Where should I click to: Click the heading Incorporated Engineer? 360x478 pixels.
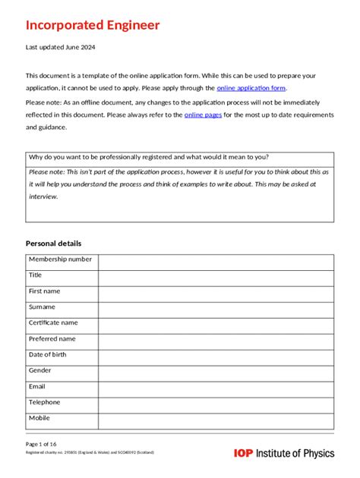93,25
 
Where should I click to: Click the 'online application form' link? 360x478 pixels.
251,88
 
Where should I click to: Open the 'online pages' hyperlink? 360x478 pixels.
203,115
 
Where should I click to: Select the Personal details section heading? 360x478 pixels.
53,243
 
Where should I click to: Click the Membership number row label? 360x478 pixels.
60,259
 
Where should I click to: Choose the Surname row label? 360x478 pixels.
42,307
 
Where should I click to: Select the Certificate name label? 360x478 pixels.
53,323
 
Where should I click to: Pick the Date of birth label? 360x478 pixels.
47,355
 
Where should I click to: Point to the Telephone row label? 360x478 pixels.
45,402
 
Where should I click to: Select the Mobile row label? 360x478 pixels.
39,418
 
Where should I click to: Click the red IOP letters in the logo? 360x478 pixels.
244,454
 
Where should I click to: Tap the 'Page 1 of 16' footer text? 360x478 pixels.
41,443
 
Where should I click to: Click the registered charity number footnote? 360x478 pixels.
90,452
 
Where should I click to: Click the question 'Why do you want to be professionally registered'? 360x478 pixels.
148,157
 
